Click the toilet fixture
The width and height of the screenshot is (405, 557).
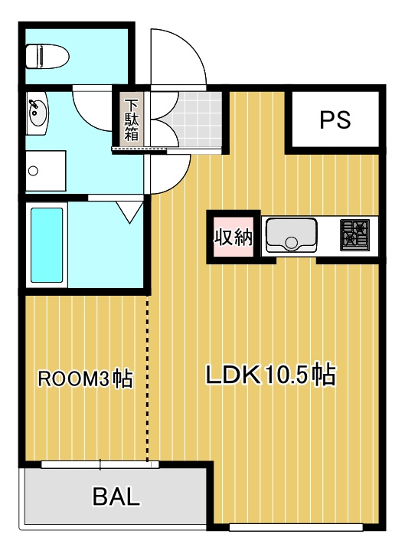(47, 57)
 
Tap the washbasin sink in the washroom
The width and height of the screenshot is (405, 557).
(38, 113)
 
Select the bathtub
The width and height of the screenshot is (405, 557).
(47, 245)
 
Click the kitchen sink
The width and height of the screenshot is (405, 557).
(292, 234)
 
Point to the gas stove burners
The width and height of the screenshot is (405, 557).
(354, 234)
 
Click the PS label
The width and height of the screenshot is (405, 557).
(335, 120)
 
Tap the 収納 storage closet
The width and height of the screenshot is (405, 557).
(234, 237)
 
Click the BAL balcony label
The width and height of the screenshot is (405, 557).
(116, 496)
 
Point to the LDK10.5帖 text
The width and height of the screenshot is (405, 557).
(271, 375)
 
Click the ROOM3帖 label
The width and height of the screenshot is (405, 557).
(85, 379)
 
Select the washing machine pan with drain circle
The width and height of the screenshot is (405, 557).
(46, 171)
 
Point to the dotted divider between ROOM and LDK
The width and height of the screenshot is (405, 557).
(147, 378)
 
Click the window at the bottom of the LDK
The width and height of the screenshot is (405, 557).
(296, 528)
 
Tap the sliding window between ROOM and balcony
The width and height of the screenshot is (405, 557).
(100, 464)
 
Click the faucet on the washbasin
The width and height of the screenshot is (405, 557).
(34, 105)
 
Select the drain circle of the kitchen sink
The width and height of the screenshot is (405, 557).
(292, 243)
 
